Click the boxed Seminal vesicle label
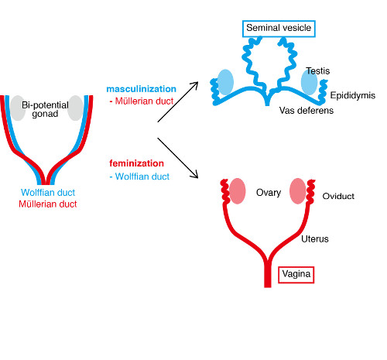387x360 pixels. (x=279, y=29)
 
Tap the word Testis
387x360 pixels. (x=318, y=70)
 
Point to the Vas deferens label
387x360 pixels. (x=306, y=111)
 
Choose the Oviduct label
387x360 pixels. (x=338, y=196)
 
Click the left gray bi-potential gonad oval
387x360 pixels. (x=17, y=107)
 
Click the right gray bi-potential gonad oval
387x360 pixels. (x=74, y=108)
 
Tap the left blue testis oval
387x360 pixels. (x=224, y=81)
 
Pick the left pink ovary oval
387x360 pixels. (x=238, y=190)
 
